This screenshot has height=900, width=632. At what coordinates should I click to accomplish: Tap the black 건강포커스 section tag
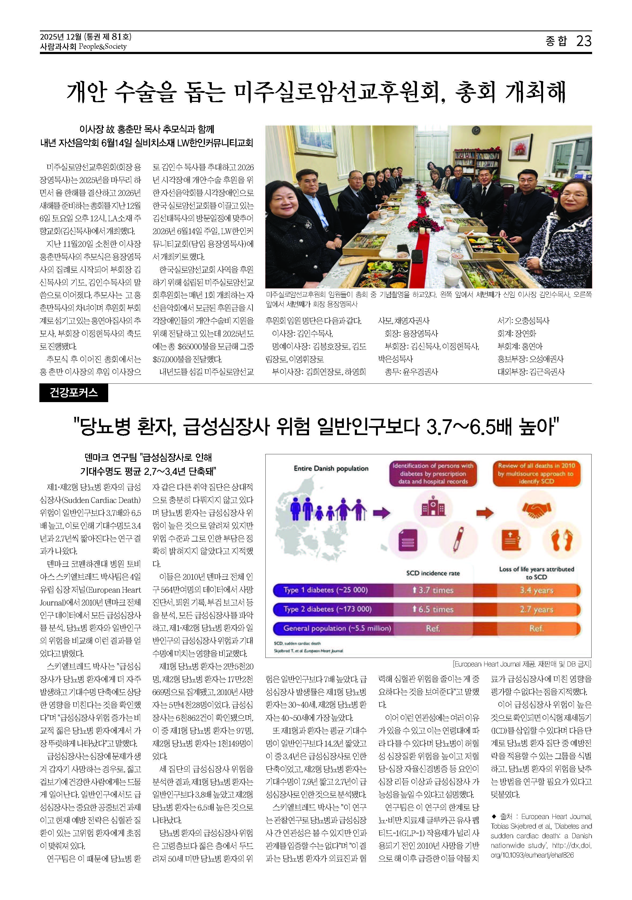pos(73,392)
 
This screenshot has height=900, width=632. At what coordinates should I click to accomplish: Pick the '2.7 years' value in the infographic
pos(536,609)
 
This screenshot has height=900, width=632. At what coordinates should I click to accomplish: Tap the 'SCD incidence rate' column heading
pos(433,573)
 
